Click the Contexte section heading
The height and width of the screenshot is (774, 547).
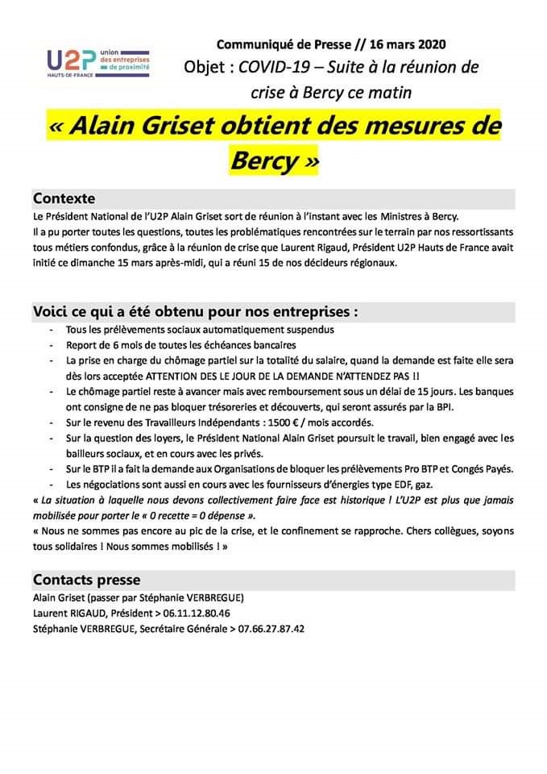point(64,198)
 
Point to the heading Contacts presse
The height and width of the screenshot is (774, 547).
point(86,580)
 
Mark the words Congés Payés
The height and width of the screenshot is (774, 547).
point(483,468)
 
